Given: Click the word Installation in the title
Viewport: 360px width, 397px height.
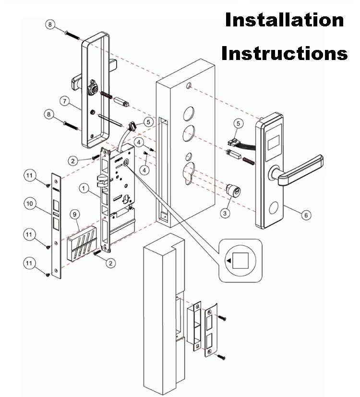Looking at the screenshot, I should pyautogui.click(x=285, y=20).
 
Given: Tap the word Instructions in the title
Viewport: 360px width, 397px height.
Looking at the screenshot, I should pyautogui.click(x=284, y=53).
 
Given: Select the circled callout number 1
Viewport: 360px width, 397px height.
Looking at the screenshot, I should pyautogui.click(x=84, y=189).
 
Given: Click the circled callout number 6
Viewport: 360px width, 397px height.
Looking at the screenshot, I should pyautogui.click(x=305, y=215).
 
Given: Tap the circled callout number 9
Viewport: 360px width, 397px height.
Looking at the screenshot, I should pyautogui.click(x=74, y=213).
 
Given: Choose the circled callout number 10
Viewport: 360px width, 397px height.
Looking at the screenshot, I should pyautogui.click(x=30, y=204).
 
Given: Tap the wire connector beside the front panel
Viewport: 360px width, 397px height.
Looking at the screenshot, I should pyautogui.click(x=233, y=142).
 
